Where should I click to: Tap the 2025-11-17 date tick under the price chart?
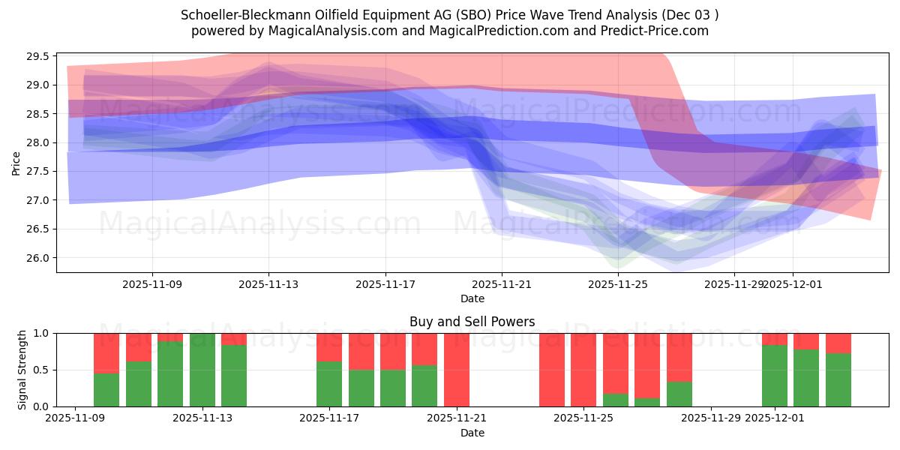pyautogui.click(x=385, y=284)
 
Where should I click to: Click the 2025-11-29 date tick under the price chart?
pyautogui.click(x=734, y=284)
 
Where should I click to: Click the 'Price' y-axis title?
pyautogui.click(x=16, y=163)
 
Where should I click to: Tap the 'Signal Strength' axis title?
pyautogui.click(x=22, y=370)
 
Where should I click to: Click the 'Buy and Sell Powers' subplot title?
pyautogui.click(x=472, y=322)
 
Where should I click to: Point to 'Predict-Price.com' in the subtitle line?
pyautogui.click(x=652, y=31)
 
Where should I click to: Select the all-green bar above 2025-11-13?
pyautogui.click(x=202, y=370)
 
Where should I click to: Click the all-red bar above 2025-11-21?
pyautogui.click(x=457, y=370)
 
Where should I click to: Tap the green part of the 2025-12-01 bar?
pyautogui.click(x=775, y=375)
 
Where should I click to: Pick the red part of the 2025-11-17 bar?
pyautogui.click(x=329, y=346)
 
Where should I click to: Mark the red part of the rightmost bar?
pyautogui.click(x=838, y=343)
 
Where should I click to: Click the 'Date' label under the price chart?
pyautogui.click(x=472, y=298)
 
